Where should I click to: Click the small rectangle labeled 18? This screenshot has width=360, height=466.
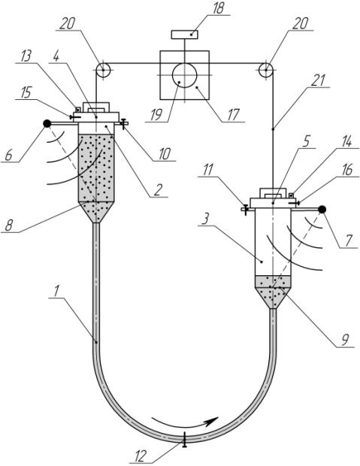tap(185, 35)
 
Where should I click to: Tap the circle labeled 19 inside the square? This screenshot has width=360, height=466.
tap(184, 75)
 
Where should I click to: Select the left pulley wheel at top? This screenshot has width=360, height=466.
tap(103, 71)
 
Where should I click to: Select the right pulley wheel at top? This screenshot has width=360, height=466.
tap(265, 71)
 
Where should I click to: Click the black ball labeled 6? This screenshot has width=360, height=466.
tap(47, 123)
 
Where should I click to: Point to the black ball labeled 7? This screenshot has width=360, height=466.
tap(322, 210)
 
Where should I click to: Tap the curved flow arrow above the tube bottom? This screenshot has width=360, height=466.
tap(185, 421)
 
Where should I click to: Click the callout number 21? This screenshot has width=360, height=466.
tap(318, 80)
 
